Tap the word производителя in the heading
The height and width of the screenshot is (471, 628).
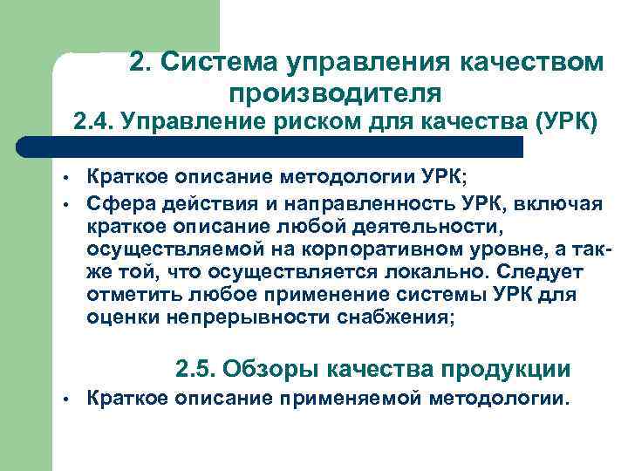point(336,91)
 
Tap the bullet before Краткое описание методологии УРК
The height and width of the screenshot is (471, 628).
point(65,181)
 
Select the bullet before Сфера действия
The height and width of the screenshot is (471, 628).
point(65,206)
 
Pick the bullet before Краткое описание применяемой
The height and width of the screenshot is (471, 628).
point(65,400)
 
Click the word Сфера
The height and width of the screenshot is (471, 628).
point(119,205)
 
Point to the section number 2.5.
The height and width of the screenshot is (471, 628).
point(195,369)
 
